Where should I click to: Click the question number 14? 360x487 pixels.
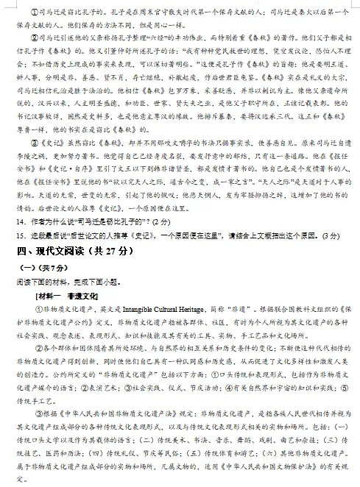pos(21,221)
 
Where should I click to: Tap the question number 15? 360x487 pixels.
pos(21,235)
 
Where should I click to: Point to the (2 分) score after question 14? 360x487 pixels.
pos(160,221)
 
